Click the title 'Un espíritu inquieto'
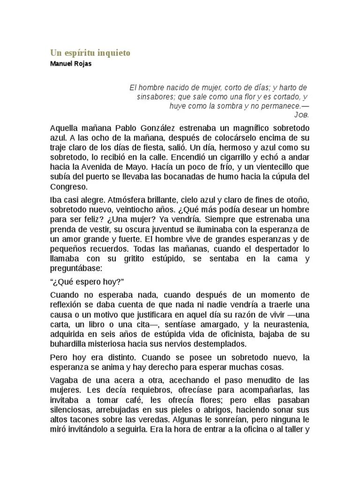[x=90, y=53]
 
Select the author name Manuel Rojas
[x=71, y=64]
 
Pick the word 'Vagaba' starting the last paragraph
[x=63, y=379]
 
